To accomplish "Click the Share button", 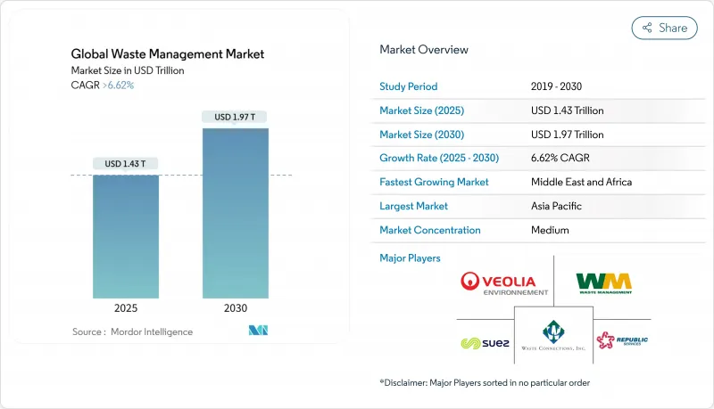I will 664,28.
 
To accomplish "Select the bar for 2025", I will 126,236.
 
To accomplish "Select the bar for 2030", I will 235,213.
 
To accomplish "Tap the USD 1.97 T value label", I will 235,117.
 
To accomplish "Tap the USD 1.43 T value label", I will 126,164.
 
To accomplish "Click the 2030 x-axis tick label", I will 235,308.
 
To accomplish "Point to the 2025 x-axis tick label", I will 126,308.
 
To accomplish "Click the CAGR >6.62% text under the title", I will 104,85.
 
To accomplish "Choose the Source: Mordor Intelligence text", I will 132,331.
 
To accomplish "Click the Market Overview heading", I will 423,50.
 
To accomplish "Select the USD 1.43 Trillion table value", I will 567,111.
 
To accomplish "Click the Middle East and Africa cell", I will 581,182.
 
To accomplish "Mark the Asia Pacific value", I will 555,206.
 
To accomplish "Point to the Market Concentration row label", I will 430,230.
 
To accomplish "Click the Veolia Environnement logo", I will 504,283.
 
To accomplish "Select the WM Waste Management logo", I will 604,282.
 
